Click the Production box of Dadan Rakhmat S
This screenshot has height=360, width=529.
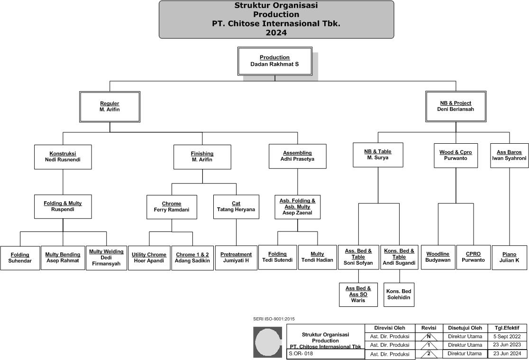coord(274,61)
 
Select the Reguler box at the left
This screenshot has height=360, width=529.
coord(109,107)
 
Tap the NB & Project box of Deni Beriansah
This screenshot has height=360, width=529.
coord(455,106)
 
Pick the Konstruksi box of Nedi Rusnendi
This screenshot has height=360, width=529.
coord(63,157)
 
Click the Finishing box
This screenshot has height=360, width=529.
coord(202,157)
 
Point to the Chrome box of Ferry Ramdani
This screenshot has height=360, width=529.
coord(172,207)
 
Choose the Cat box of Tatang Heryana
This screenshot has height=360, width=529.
coord(236,207)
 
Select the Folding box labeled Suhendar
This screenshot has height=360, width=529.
coord(19,258)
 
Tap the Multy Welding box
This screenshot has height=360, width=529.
coord(106,258)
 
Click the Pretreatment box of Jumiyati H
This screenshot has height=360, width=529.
coord(236,258)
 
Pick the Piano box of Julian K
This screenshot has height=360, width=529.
coord(509,258)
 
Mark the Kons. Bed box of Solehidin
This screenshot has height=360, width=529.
coord(399,294)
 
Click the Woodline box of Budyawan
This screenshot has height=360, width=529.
coord(438,257)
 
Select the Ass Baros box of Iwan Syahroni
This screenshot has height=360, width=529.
coord(509,156)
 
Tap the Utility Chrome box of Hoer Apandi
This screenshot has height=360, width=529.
coord(149,258)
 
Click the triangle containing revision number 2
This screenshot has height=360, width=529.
coord(428,354)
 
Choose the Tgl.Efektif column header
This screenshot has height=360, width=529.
coord(506,328)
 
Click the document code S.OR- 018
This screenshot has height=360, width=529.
coord(301,354)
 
